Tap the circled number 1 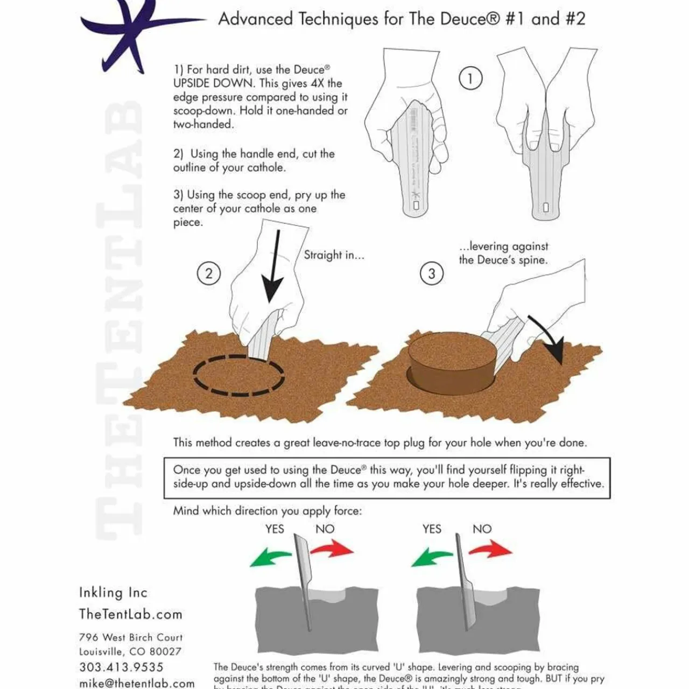tap(470, 79)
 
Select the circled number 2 tap(208, 273)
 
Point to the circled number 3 tap(431, 273)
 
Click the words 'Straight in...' tap(334, 255)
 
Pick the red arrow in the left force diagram tap(332, 550)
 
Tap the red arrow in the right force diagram tap(491, 550)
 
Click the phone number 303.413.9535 tap(121, 667)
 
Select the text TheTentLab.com tap(131, 614)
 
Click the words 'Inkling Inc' tap(113, 593)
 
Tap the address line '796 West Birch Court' tap(131, 637)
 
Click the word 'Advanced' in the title tap(256, 19)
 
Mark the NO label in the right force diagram tap(482, 529)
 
